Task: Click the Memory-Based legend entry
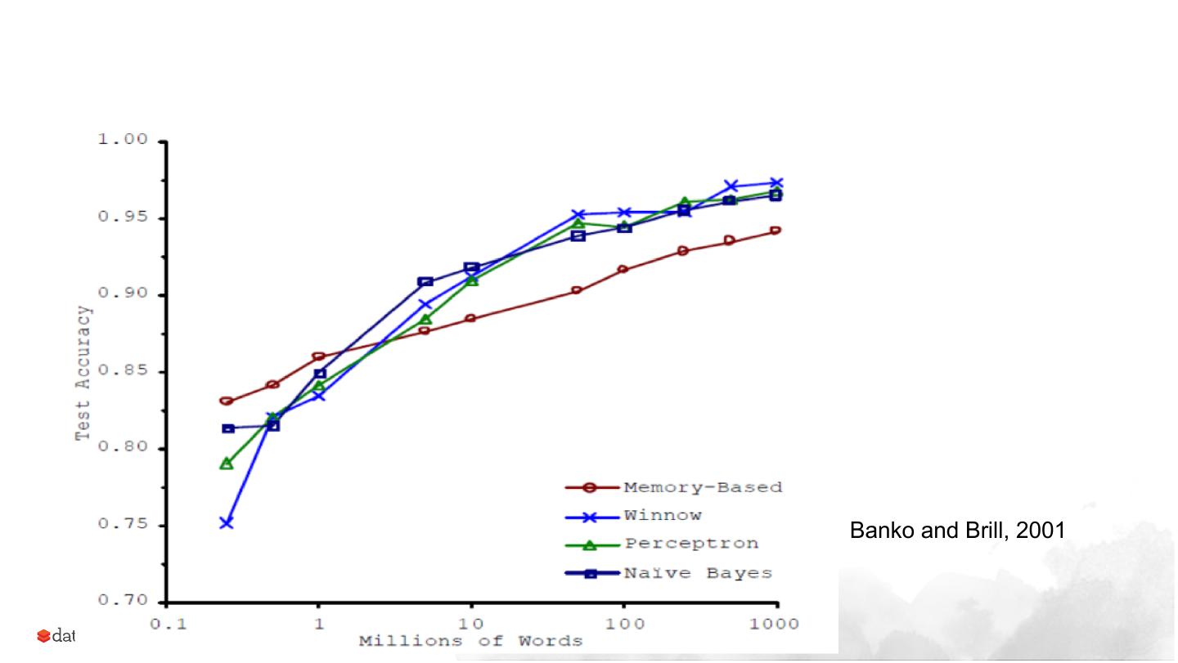point(702,488)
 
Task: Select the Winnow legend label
point(663,516)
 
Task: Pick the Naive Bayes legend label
point(698,573)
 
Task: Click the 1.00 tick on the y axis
point(123,141)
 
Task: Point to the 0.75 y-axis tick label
point(123,525)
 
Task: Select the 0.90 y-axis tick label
point(123,294)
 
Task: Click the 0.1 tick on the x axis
point(165,622)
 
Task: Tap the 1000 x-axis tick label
point(775,622)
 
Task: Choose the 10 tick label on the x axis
point(470,622)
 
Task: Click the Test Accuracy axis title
point(83,372)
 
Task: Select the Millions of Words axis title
point(470,640)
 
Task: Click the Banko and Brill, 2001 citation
point(957,531)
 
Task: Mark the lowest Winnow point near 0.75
point(227,522)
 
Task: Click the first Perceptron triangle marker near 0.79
point(227,464)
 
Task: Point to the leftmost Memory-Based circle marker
point(227,401)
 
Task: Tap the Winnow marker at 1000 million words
point(776,183)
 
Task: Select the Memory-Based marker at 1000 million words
point(776,231)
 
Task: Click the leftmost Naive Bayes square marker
point(228,428)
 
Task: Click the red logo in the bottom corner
point(43,636)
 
